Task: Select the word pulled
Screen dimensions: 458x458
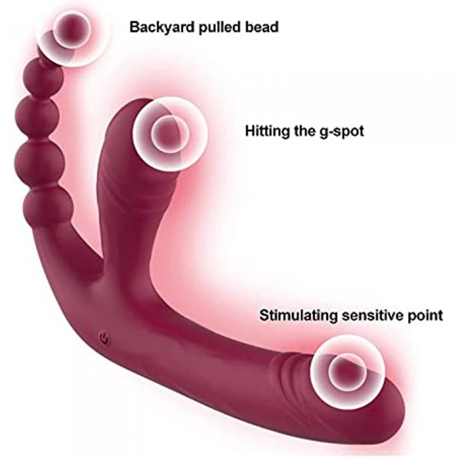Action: click(218, 28)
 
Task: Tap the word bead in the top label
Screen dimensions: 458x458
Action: click(260, 27)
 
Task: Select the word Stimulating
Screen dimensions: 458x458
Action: click(299, 316)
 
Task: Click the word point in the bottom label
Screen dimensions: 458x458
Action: click(425, 316)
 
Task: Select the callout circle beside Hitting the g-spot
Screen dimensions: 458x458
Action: click(170, 133)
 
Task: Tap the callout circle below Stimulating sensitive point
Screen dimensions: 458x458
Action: click(348, 371)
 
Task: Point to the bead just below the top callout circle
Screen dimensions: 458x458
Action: click(43, 78)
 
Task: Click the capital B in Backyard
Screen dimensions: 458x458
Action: click(135, 27)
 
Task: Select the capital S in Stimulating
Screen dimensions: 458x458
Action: click(265, 316)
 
